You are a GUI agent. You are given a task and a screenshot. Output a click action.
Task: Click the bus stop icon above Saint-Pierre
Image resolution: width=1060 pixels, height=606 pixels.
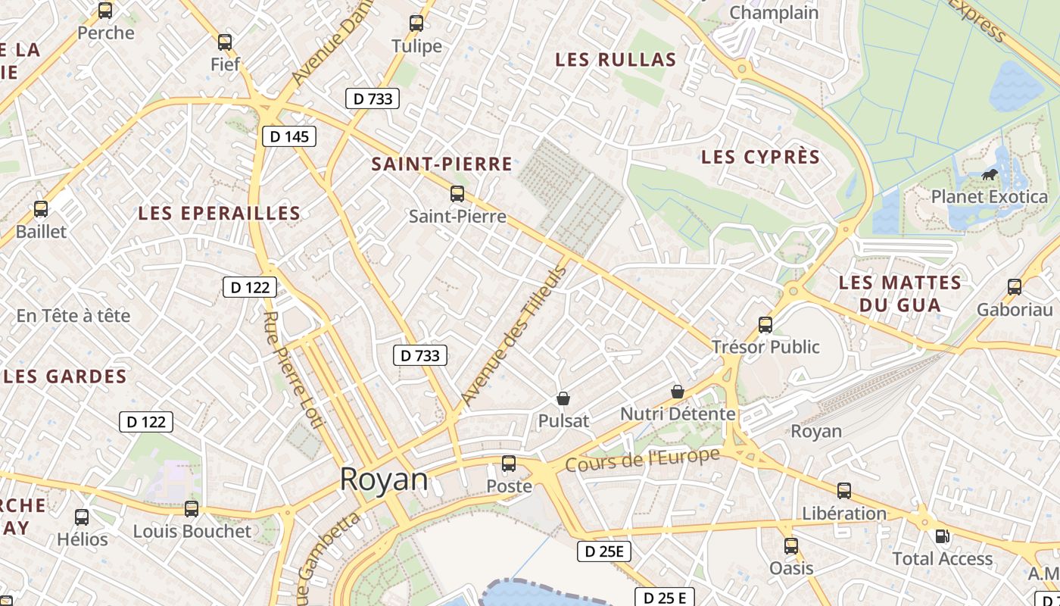click(x=457, y=194)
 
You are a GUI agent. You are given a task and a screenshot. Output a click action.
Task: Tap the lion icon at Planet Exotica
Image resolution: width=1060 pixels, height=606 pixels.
click(x=989, y=176)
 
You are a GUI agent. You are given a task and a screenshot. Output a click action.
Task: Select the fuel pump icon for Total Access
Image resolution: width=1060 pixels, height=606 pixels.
click(x=942, y=536)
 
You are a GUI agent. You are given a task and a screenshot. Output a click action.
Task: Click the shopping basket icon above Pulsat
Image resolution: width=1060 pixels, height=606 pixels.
click(x=563, y=398)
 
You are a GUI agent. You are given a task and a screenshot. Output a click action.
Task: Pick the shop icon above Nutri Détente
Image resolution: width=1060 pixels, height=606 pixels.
click(x=678, y=392)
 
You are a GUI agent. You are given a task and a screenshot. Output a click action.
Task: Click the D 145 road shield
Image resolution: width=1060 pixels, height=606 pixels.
click(x=288, y=136)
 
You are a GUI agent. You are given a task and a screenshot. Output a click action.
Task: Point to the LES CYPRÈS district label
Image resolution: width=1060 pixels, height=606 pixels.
click(x=760, y=157)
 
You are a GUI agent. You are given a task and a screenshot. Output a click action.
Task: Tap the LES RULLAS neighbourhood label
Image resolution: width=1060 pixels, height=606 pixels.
click(x=616, y=60)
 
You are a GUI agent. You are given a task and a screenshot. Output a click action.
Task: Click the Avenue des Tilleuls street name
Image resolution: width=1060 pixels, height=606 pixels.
click(x=513, y=336)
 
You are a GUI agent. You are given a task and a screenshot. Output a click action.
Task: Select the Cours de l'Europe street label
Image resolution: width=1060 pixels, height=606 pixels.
click(x=642, y=461)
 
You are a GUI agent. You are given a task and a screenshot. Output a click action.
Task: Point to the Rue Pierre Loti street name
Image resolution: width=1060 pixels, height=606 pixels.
click(x=294, y=370)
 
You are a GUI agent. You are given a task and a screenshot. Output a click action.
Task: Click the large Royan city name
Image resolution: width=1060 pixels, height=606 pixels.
click(x=383, y=479)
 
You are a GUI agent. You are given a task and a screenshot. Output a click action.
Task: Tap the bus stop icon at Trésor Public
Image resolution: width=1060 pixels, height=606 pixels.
click(x=765, y=325)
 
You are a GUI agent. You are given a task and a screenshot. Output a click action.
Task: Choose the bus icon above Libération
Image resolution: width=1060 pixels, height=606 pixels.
click(x=844, y=491)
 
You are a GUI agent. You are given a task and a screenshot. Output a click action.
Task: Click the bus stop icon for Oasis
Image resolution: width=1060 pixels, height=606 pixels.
click(x=791, y=546)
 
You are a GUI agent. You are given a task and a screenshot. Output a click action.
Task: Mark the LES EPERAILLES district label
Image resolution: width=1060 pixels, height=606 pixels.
click(x=220, y=214)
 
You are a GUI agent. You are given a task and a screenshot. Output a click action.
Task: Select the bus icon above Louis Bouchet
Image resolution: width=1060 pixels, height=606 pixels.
click(x=192, y=509)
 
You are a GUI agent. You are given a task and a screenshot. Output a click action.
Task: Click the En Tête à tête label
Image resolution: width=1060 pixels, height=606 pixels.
click(x=73, y=316)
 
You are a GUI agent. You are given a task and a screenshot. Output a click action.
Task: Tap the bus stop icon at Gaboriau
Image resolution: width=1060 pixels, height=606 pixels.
click(x=1015, y=287)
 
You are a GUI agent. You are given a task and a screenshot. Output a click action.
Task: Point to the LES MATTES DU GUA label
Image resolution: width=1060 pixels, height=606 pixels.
click(x=900, y=294)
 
